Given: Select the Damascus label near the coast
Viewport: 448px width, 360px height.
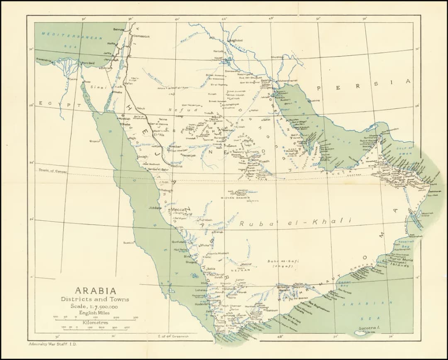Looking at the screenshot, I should [141, 36].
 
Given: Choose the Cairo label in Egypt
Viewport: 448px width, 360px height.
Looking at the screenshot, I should [73, 78].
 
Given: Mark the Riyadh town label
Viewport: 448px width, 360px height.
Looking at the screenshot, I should [264, 161].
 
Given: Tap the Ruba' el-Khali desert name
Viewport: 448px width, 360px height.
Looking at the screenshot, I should [295, 223].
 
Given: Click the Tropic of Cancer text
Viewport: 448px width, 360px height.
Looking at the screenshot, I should [53, 171].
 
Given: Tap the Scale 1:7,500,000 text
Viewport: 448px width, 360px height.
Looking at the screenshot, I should [95, 306].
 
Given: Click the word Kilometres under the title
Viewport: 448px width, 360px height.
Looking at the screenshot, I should [95, 322].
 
